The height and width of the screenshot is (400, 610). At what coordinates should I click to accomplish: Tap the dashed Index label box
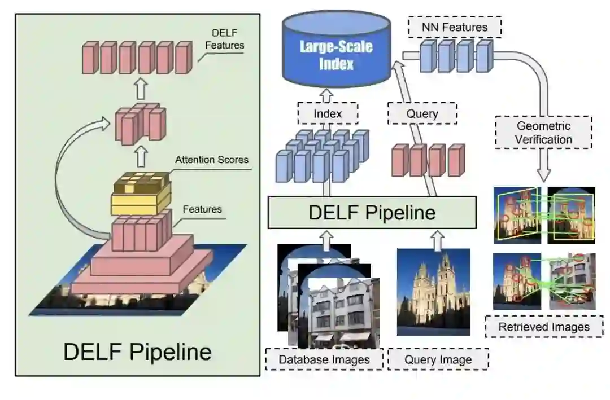click(328, 113)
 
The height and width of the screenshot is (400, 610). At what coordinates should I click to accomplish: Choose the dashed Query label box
click(422, 113)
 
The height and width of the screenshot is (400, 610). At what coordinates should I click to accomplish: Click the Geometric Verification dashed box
click(543, 132)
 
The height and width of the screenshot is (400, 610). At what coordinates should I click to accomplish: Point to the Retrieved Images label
click(544, 327)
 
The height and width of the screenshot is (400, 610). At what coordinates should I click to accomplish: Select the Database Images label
click(324, 359)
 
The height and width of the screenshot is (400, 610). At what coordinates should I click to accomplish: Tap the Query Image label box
click(438, 359)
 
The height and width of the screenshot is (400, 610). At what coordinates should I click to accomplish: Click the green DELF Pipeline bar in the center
click(372, 213)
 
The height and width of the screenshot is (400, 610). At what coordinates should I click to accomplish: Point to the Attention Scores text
click(211, 160)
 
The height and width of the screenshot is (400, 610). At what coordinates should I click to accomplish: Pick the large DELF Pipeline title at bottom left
click(137, 351)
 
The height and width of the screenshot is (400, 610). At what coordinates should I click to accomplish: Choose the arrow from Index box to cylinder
click(328, 93)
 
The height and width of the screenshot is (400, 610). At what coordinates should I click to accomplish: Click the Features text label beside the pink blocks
click(202, 209)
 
